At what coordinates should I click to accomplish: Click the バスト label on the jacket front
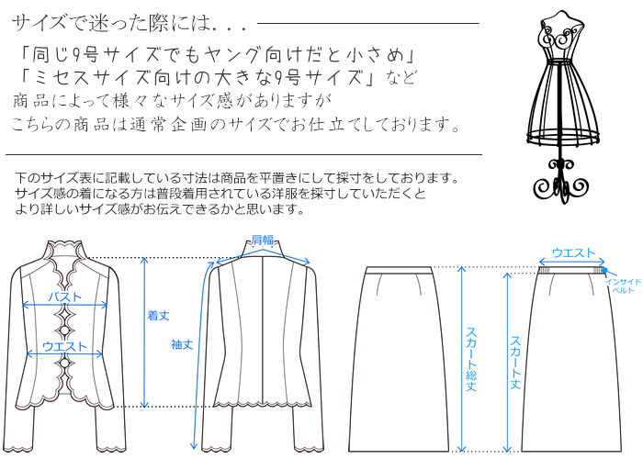[x=64, y=297]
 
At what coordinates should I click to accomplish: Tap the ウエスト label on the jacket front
[x=64, y=347]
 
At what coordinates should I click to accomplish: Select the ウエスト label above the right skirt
[x=573, y=252]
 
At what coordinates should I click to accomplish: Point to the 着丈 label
[x=158, y=315]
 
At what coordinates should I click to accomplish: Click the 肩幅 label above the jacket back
[x=262, y=240]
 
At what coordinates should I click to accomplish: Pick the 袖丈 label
[x=181, y=344]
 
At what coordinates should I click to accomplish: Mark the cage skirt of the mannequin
[x=558, y=101]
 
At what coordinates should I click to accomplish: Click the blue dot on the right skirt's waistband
[x=604, y=270]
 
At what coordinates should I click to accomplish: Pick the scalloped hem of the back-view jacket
[x=262, y=402]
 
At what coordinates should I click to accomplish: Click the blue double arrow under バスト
[x=64, y=306]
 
